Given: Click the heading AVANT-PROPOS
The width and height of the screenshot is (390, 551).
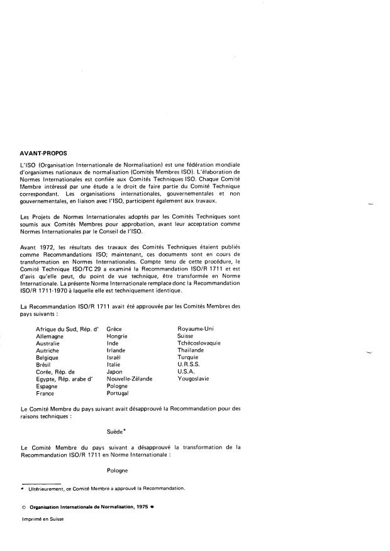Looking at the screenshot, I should pyautogui.click(x=43, y=153).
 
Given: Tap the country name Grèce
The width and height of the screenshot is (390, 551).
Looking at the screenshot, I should pyautogui.click(x=114, y=328).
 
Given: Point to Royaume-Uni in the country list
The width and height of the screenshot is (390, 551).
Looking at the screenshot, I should pyautogui.click(x=196, y=328).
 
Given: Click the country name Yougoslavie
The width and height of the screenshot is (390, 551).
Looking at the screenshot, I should pyautogui.click(x=195, y=379).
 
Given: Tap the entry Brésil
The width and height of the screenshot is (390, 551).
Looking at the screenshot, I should pyautogui.click(x=45, y=364).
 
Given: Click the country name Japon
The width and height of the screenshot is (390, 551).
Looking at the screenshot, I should pyautogui.click(x=115, y=372).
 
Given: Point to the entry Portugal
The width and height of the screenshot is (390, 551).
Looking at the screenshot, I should pyautogui.click(x=118, y=393).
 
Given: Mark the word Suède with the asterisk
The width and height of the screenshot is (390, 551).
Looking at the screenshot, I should pyautogui.click(x=118, y=432).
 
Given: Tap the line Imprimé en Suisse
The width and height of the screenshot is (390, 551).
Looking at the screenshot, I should pyautogui.click(x=42, y=519).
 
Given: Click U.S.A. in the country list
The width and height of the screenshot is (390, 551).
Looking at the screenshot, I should pyautogui.click(x=187, y=372).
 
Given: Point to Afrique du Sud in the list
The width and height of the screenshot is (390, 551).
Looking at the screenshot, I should pyautogui.click(x=56, y=328).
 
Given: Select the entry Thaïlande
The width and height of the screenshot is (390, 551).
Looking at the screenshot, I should pyautogui.click(x=191, y=350).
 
